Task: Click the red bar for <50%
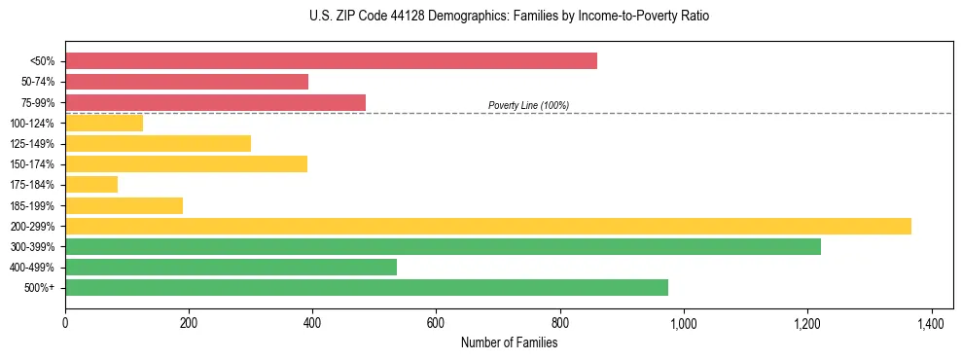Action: [x=331, y=61]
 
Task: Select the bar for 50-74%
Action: [x=187, y=82]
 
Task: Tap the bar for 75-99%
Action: [x=215, y=102]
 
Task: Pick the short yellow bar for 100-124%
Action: [x=104, y=123]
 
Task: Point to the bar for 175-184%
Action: [x=91, y=184]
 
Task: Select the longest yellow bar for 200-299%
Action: [x=488, y=226]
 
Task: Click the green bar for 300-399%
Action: [x=443, y=246]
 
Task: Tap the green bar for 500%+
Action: [x=367, y=287]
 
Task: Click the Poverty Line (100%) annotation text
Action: [x=528, y=105]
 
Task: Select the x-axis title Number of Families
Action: [x=509, y=342]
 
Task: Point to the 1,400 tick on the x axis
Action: [x=931, y=322]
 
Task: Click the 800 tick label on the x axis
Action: [x=560, y=322]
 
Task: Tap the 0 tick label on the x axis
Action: [x=65, y=322]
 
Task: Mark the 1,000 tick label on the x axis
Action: [x=684, y=322]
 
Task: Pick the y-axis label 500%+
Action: [x=39, y=288]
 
